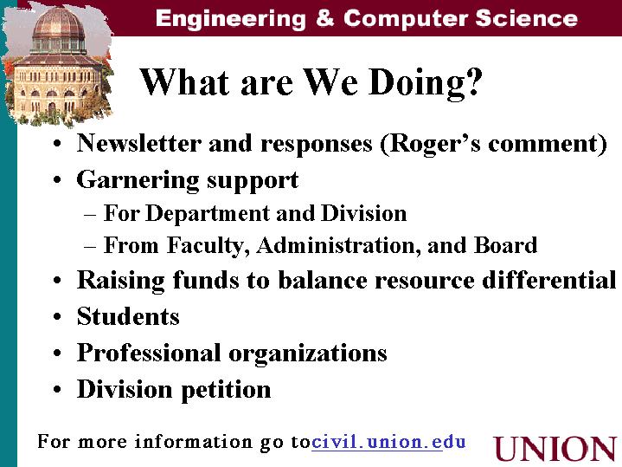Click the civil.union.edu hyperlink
(x=388, y=442)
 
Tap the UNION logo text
(x=555, y=449)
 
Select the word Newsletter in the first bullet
(x=139, y=143)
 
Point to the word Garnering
(x=138, y=180)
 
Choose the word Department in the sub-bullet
(x=208, y=214)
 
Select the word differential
(x=549, y=279)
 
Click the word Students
(x=128, y=316)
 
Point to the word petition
(x=226, y=390)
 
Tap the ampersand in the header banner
(x=325, y=18)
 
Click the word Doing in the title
(x=414, y=83)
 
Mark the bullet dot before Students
(x=57, y=317)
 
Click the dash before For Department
(x=90, y=216)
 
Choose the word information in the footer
(x=194, y=442)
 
